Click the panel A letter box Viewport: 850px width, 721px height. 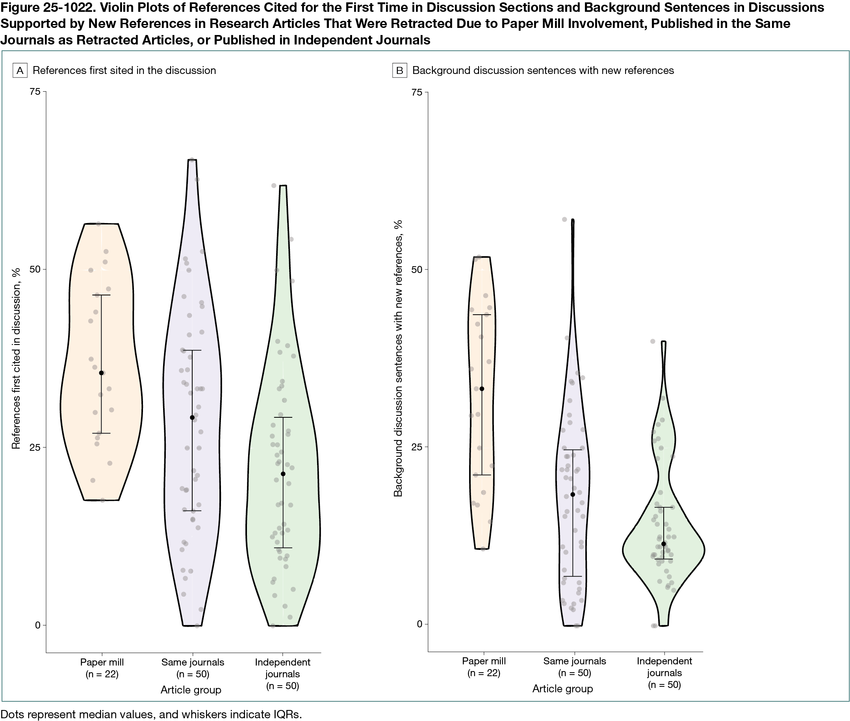tap(20, 70)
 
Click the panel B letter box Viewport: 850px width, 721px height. tap(399, 70)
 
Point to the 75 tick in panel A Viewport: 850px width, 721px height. tap(35, 92)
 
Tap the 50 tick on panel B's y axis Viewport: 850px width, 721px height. tap(417, 269)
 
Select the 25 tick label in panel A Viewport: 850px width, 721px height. tap(35, 447)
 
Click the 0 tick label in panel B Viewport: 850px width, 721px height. tap(419, 624)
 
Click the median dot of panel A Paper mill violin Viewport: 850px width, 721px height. tap(102, 373)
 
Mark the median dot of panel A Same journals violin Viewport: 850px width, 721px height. tap(192, 417)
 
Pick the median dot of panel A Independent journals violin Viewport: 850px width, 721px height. tap(283, 474)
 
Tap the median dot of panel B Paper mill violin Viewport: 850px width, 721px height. tap(482, 389)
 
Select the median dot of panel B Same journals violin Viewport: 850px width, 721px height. tap(573, 494)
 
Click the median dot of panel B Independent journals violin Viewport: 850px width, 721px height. tap(663, 544)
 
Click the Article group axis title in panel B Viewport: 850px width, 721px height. tap(562, 689)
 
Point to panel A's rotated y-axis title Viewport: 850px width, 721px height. tap(16, 358)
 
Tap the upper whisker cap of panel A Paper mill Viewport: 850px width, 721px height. tap(102, 295)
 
